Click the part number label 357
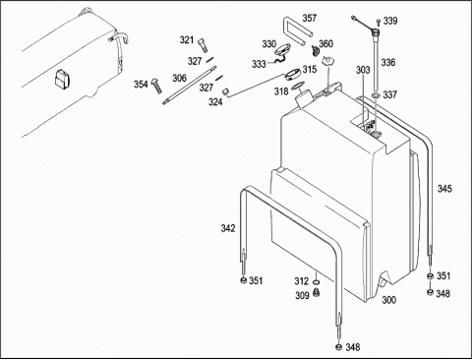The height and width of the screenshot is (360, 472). click(309, 18)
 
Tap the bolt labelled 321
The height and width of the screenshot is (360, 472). click(203, 45)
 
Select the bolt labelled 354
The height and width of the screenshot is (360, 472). click(156, 86)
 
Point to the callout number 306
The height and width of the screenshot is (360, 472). click(179, 78)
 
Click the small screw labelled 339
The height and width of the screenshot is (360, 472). click(379, 22)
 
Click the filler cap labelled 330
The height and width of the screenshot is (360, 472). click(282, 50)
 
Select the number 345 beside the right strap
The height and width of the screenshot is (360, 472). click(444, 189)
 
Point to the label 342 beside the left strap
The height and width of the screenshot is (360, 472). click(228, 228)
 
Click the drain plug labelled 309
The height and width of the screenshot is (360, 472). click(317, 292)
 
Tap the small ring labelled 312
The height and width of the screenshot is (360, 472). click(317, 282)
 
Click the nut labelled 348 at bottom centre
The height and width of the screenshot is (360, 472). click(338, 347)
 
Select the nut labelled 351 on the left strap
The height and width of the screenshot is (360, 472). click(243, 281)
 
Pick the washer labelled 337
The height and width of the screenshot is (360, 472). click(376, 95)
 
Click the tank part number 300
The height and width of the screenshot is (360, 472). click(388, 300)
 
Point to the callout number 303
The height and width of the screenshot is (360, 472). click(363, 70)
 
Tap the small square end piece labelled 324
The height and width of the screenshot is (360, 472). click(225, 91)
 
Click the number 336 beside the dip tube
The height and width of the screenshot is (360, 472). click(388, 62)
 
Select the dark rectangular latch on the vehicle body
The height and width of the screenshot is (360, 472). click(62, 79)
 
